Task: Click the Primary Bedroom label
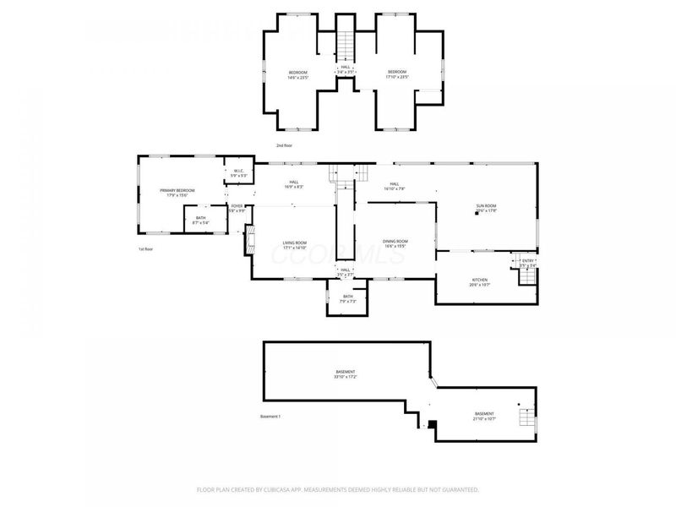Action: point(177,191)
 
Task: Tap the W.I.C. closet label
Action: point(239,172)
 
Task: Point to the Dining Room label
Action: point(395,243)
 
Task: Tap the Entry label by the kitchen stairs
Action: point(527,262)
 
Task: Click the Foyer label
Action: point(237,206)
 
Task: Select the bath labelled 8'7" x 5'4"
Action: point(200,220)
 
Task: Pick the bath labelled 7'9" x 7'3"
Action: point(347,297)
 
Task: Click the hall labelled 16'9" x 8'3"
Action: point(294,183)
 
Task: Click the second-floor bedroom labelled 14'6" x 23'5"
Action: point(298,74)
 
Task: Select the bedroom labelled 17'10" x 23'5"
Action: point(397,74)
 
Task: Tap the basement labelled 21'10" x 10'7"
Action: point(485,416)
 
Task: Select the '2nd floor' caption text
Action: point(286,145)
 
